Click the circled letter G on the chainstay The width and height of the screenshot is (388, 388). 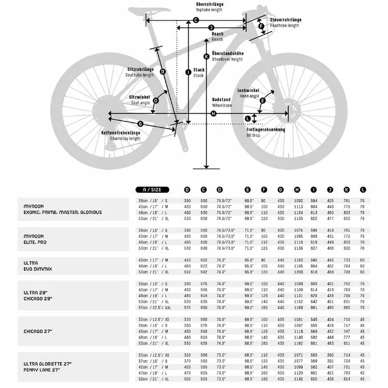coord(140,124)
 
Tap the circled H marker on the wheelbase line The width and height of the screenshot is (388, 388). coord(213,114)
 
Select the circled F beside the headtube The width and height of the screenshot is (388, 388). coord(261,26)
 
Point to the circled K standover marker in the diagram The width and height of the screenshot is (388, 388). coord(206,57)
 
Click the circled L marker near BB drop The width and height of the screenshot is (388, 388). coord(247,118)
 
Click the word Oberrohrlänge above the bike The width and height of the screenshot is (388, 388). coord(210,5)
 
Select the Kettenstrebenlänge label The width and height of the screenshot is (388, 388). coord(120,133)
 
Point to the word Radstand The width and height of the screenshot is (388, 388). coord(221,100)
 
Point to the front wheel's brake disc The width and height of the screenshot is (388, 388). coord(288,108)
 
